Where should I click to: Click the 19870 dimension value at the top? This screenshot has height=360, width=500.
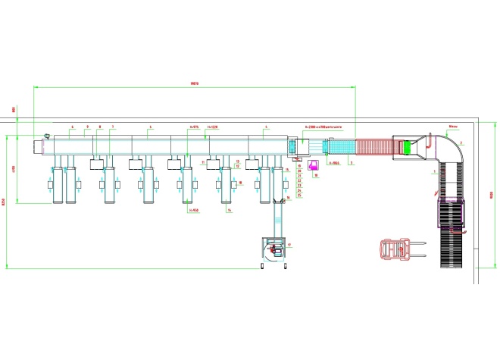(195, 83)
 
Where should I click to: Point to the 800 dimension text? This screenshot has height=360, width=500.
(14, 111)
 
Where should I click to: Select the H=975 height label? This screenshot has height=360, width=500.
(192, 127)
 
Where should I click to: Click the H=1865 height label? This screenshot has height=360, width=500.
(332, 163)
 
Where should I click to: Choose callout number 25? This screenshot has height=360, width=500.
(299, 196)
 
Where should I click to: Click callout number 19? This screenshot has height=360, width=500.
(299, 164)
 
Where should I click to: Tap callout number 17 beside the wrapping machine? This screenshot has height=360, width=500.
(289, 244)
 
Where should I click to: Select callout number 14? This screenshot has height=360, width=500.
(229, 211)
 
